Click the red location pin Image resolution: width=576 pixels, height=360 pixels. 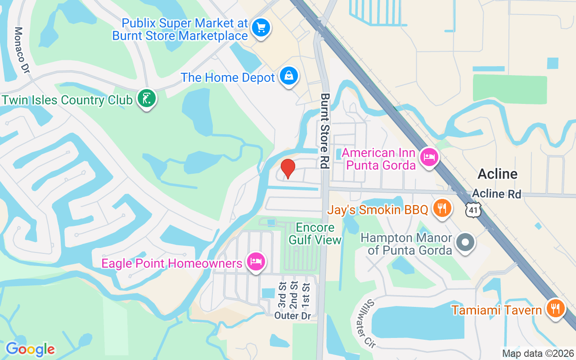(x=288, y=168)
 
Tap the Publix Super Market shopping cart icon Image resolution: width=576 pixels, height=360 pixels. (x=261, y=28)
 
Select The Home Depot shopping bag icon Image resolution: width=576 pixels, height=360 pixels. (x=288, y=76)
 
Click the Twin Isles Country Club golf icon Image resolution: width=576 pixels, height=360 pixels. (x=146, y=98)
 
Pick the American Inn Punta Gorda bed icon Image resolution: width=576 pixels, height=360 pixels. (x=429, y=157)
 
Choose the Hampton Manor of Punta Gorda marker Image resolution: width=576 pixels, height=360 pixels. (x=466, y=243)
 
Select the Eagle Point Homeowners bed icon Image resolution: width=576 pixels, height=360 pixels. (x=256, y=261)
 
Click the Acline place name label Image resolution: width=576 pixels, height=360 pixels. (x=497, y=174)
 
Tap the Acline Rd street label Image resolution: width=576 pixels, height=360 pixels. (x=496, y=194)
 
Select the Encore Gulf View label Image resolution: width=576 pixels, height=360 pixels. (x=315, y=234)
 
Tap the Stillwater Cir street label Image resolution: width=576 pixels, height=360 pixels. (x=370, y=323)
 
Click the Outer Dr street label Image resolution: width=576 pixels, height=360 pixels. (x=292, y=316)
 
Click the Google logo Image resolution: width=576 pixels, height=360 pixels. (x=30, y=349)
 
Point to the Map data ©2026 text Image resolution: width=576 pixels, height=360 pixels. (x=538, y=353)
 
